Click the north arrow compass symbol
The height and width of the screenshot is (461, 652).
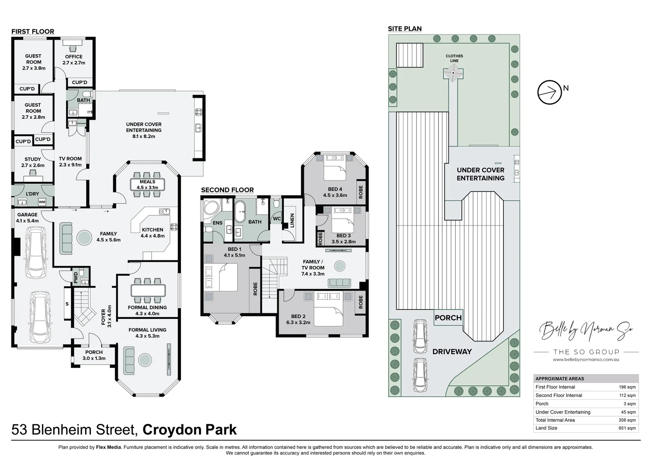pos(550,92)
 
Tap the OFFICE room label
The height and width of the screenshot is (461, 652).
pos(74,57)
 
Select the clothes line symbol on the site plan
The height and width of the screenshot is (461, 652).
pos(453,74)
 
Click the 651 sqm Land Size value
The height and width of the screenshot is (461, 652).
pos(627,428)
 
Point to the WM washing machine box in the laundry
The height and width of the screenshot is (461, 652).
pos(42,202)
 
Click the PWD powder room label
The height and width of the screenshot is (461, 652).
pos(76,278)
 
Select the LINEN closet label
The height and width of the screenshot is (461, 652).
pos(292,220)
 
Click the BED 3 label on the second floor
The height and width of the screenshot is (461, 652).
pos(343,236)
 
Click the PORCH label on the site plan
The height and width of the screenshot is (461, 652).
pos(448,318)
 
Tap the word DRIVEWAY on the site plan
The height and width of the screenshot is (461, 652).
pos(452,352)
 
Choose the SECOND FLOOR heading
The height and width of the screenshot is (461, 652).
pos(227,190)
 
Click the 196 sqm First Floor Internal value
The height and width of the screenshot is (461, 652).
pos(627,387)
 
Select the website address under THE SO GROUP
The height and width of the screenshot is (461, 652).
pos(585,360)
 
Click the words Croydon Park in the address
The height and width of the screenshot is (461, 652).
pos(189,429)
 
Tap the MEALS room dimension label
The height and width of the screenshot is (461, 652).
pos(147,187)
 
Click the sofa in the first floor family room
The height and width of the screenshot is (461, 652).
pos(67,237)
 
